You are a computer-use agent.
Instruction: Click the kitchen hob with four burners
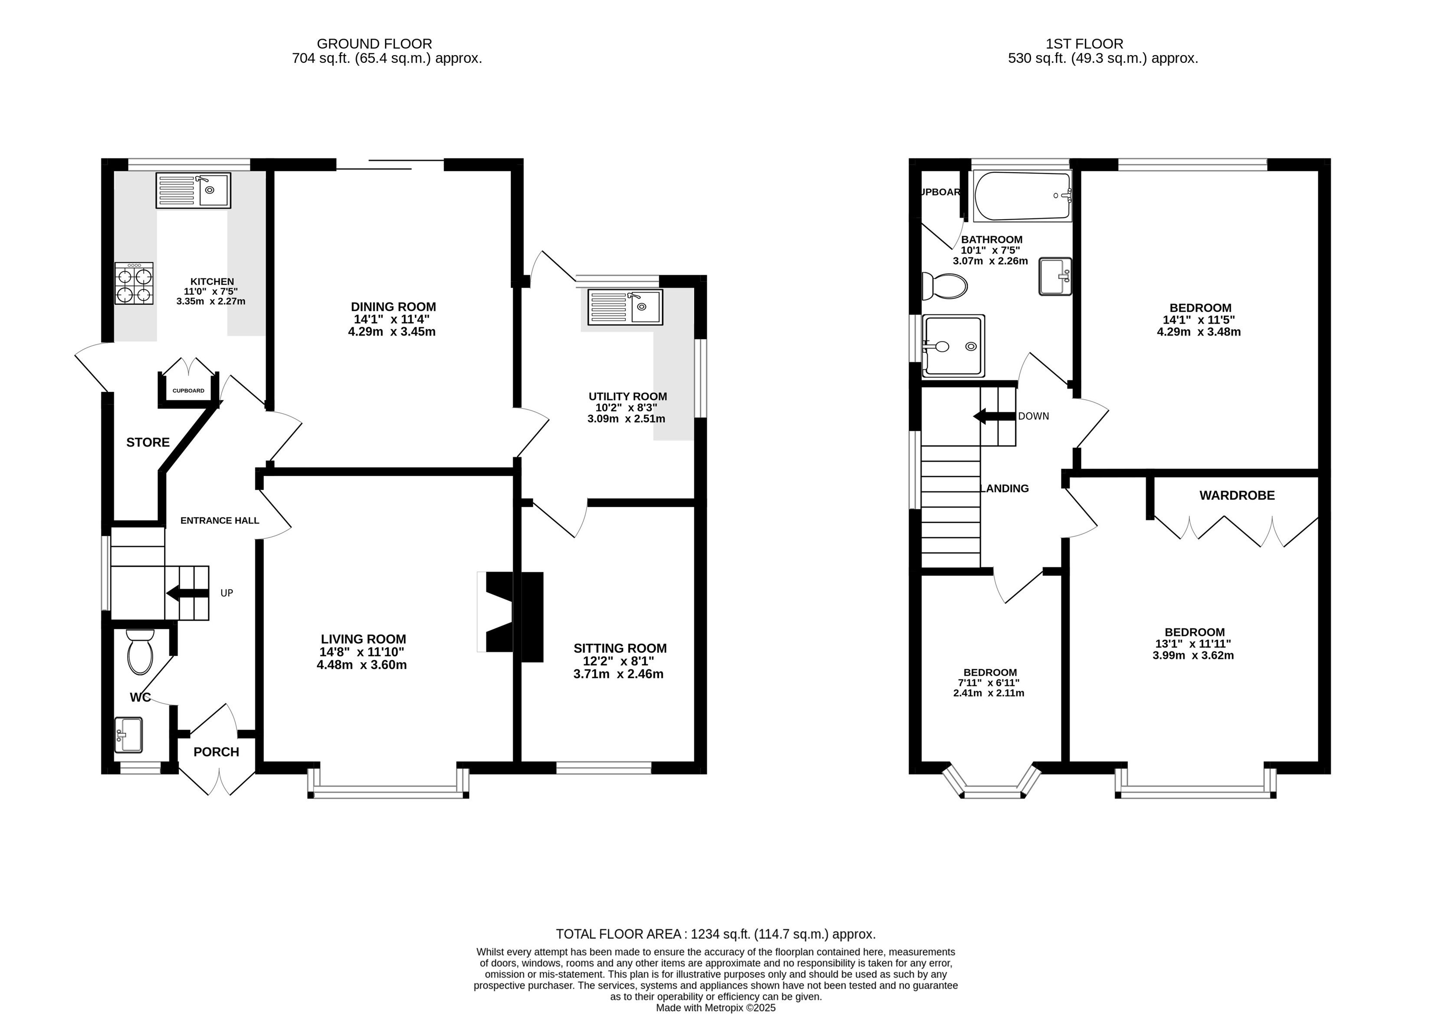pos(134,283)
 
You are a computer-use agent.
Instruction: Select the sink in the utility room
pos(624,307)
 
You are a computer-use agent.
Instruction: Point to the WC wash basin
pos(128,735)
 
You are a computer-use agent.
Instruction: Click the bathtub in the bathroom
pos(1022,195)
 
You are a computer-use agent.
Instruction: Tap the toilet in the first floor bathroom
pos(944,286)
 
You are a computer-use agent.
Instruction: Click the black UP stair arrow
pos(187,593)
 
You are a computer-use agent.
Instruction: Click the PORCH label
pos(216,752)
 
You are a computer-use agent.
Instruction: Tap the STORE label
pos(148,442)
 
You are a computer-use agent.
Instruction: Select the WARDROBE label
pos(1237,495)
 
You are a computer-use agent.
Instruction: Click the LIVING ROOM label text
pos(364,639)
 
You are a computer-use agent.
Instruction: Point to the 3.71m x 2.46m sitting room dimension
pos(618,674)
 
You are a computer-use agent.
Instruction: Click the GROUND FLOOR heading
pos(374,44)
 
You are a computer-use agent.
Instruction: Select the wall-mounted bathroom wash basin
pos(1055,276)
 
